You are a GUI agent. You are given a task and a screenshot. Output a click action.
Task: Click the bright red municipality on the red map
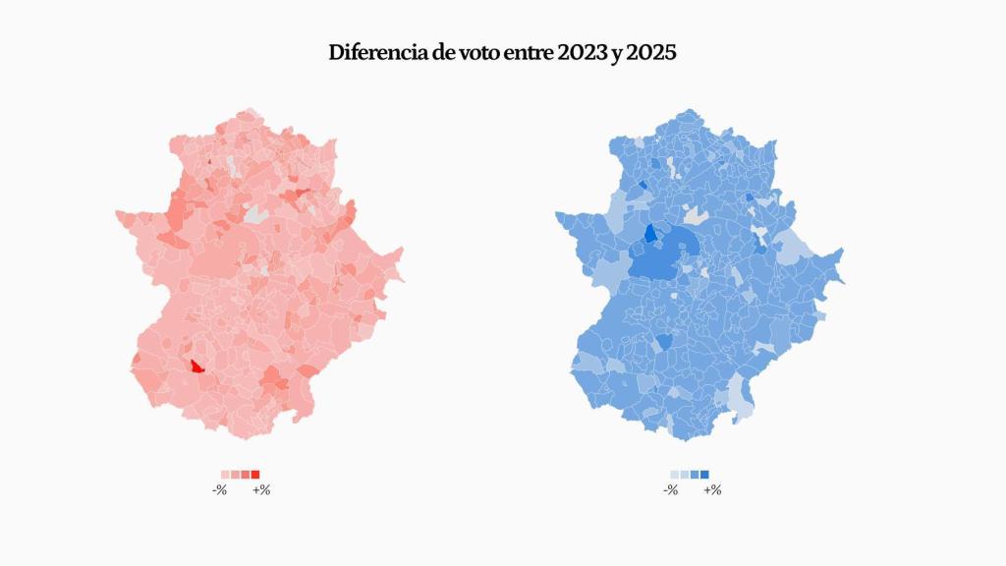(x=196, y=367)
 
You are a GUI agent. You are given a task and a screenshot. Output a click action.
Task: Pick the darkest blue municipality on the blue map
(x=649, y=233)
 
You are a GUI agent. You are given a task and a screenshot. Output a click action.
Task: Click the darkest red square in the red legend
(x=255, y=475)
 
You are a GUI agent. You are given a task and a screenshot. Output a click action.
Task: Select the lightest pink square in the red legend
(x=226, y=475)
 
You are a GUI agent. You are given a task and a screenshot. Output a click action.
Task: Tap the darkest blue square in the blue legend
(x=704, y=475)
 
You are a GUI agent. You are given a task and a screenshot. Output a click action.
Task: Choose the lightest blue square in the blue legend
(x=675, y=475)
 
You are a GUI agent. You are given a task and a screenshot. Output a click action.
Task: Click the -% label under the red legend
(x=220, y=489)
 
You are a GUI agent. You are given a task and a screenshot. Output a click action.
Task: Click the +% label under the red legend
(x=261, y=489)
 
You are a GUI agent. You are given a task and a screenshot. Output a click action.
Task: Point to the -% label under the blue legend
(x=670, y=489)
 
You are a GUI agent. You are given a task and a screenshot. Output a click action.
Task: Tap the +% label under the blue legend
(x=711, y=489)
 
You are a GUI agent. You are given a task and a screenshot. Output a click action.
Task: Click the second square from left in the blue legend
(x=685, y=475)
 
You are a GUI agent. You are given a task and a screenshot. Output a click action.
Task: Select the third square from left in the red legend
(x=246, y=475)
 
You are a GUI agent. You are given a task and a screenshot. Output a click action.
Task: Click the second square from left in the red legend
(x=236, y=475)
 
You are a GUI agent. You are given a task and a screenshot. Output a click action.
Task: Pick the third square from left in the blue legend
(x=695, y=475)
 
